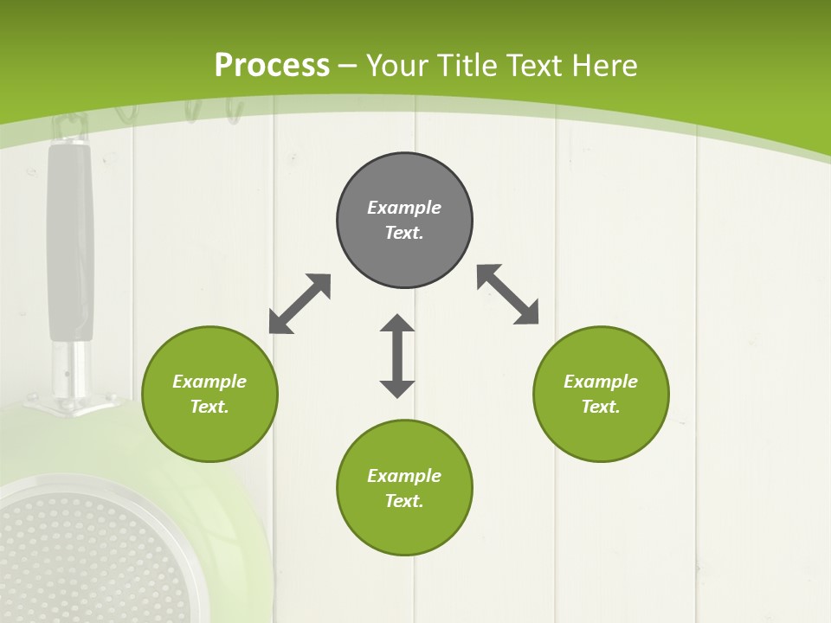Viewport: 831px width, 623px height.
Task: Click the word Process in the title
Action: click(272, 66)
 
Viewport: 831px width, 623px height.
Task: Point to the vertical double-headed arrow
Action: click(397, 356)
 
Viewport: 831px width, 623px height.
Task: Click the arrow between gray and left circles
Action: click(300, 304)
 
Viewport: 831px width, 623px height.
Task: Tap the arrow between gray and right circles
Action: click(508, 294)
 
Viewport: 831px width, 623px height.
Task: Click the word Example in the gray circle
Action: click(404, 208)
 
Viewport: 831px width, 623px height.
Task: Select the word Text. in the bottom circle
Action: click(404, 501)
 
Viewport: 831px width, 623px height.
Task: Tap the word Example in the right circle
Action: click(601, 382)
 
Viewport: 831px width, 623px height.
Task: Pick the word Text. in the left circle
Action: click(209, 407)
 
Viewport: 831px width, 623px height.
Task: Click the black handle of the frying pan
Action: click(70, 242)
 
